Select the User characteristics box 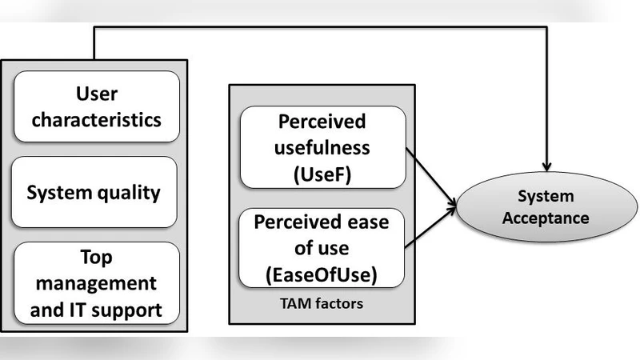pyautogui.click(x=95, y=107)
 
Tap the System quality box pyautogui.click(x=94, y=193)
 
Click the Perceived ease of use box pyautogui.click(x=322, y=248)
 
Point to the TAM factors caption pyautogui.click(x=322, y=305)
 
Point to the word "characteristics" pyautogui.click(x=95, y=119)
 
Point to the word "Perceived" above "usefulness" pyautogui.click(x=322, y=122)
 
